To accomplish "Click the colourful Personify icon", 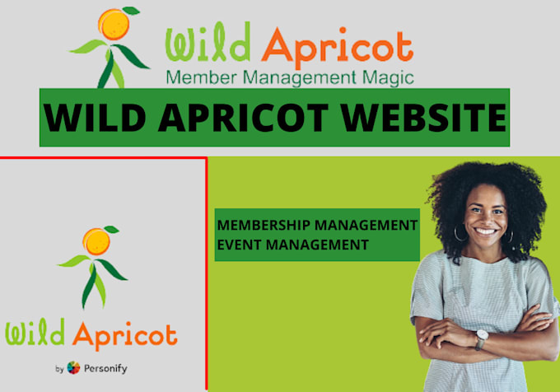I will pyautogui.click(x=74, y=368).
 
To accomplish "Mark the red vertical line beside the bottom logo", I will pyautogui.click(x=206, y=272).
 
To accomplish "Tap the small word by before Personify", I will pyautogui.click(x=60, y=369).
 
